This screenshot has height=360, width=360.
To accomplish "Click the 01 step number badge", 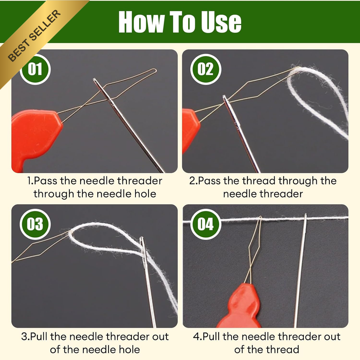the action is coord(35,69).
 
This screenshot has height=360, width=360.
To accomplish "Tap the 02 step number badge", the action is coord(206,69).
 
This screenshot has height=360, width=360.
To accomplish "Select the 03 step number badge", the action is coord(35,224).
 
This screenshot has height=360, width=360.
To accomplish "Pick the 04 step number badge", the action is coord(206,224).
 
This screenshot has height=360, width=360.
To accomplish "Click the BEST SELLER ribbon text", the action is coord(35,36).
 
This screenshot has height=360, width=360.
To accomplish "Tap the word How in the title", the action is coord(142,22).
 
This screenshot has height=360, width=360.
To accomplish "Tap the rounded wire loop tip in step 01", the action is coord(155,70).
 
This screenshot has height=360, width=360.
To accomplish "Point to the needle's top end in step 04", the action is coord(306,215).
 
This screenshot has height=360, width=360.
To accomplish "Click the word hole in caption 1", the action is coord(145,193).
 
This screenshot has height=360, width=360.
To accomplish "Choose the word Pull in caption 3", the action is coord(39,337).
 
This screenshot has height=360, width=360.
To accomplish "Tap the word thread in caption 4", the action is coord(283,350).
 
